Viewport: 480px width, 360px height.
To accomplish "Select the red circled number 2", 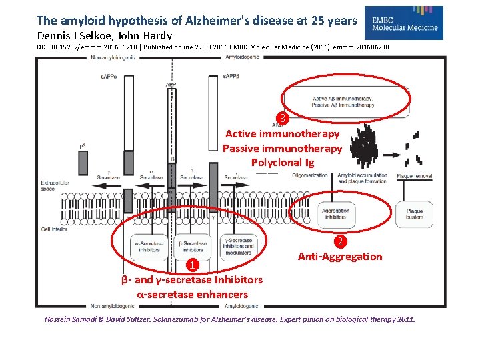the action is coord(341,242).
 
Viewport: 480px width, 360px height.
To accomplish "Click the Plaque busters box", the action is coord(414,214).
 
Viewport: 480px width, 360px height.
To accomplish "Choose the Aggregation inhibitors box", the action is coord(336,214).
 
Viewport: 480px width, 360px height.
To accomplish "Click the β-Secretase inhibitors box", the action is coord(194,246).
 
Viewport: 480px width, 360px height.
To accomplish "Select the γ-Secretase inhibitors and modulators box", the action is coord(238,246).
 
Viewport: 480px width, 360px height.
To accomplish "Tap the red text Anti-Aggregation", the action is coord(340,257).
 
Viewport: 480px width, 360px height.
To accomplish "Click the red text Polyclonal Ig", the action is coord(282,163).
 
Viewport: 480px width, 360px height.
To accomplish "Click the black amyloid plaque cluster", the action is coord(365,148).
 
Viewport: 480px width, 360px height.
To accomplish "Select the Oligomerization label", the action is coord(310,176).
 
